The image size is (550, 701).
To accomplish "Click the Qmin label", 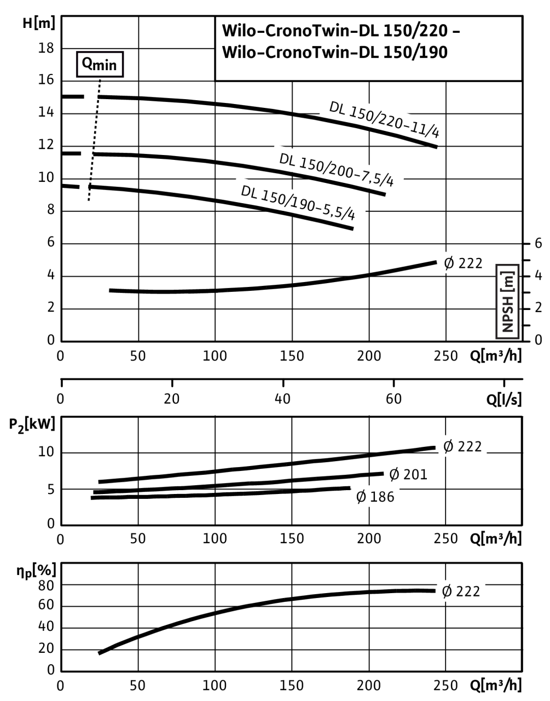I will pos(99,65).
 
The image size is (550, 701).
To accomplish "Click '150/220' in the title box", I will pos(414,31).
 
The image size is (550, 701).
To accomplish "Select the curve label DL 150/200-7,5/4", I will pos(337,170).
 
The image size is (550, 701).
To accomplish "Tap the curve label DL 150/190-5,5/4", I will pos(298,203).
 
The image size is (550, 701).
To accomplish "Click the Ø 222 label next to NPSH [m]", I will pos(463,263).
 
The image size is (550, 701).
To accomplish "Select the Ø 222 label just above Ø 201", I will pos(463,447).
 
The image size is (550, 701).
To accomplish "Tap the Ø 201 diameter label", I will pos(408,474).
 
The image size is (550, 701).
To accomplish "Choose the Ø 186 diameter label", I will pos(375,497).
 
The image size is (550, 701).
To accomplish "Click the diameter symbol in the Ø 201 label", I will pos(394,474).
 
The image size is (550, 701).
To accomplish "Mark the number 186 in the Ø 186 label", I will pos(382,497).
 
